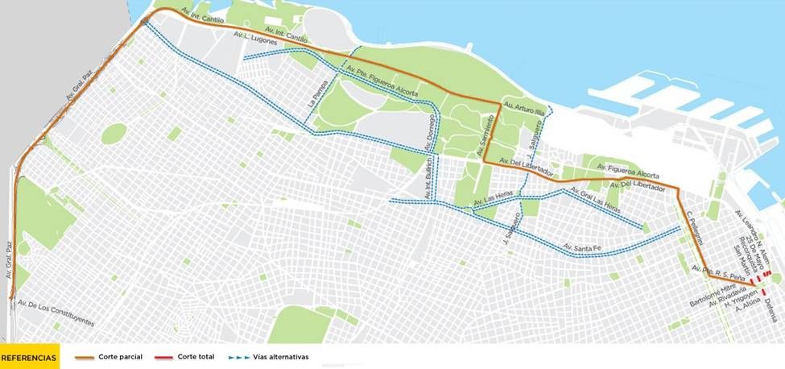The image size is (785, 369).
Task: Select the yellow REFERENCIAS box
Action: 29,356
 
